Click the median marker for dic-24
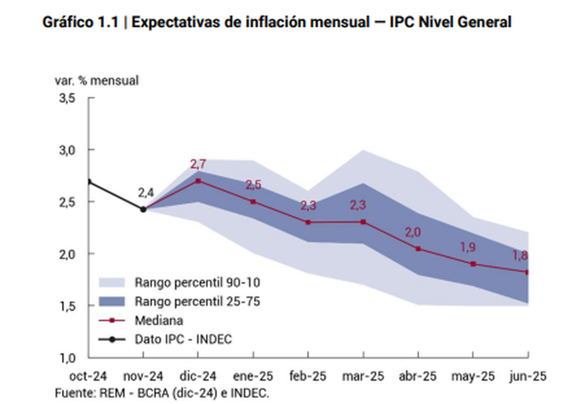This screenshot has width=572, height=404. pos(197,180)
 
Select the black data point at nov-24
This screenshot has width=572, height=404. pos(143,209)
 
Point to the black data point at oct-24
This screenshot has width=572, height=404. pos(89,182)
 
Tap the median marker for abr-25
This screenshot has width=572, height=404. pos(418,248)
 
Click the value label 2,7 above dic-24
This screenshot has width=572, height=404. pos(198,164)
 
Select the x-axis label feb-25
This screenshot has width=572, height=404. pos(308,376)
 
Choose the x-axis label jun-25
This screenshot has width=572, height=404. pos(527,376)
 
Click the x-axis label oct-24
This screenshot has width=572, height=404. pos(89,376)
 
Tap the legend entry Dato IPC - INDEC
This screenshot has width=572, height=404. pos(183,338)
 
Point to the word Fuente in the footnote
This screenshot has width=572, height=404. pos(73,392)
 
